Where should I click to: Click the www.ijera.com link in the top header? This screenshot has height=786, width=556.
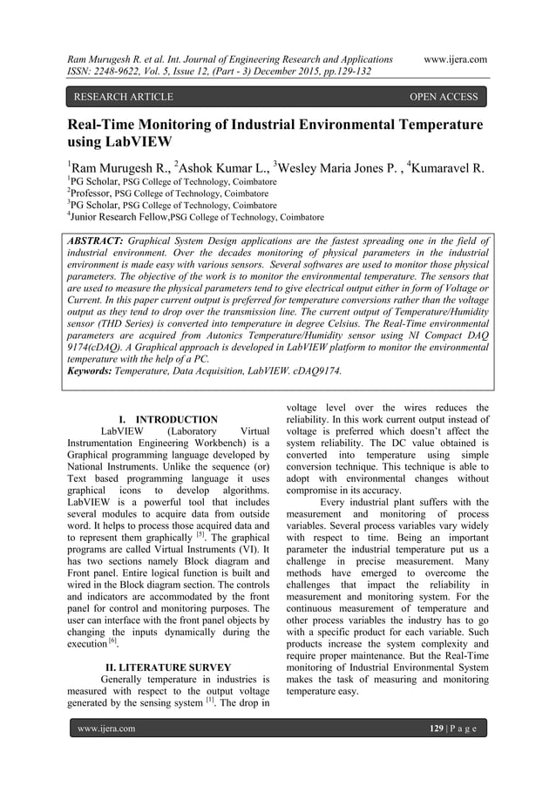click(454, 59)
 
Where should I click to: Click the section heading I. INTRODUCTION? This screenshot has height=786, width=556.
click(168, 420)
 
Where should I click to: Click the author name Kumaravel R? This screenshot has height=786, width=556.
click(443, 167)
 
